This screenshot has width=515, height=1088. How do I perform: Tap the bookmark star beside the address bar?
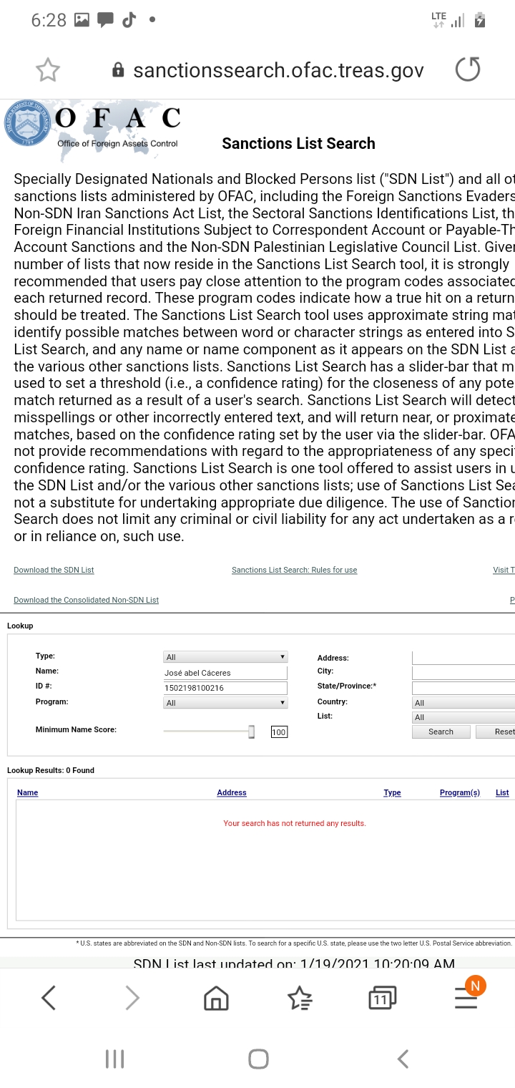pos(48,69)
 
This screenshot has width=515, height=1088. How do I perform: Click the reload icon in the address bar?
pos(468,69)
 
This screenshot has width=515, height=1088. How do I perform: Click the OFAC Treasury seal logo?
pos(26,122)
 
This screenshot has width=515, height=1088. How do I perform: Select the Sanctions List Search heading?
pos(298,143)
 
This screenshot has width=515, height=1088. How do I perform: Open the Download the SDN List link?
pos(54,570)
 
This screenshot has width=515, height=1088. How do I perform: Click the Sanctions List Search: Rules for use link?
pos(294,570)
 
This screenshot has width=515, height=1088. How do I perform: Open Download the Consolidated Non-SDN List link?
pos(86,600)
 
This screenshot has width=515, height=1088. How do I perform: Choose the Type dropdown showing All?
pos(225,657)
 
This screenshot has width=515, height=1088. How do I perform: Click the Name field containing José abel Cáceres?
pos(225,673)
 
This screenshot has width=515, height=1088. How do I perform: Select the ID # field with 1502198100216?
pos(225,688)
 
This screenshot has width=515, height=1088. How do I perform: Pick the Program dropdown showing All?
pos(225,703)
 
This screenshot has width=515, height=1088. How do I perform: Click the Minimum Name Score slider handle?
pos(251,731)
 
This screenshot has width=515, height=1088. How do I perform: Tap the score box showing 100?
pos(278,732)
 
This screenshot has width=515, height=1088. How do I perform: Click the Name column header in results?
pos(27,792)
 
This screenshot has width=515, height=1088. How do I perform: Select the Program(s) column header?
pos(459,792)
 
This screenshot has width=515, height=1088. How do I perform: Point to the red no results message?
pos(294,823)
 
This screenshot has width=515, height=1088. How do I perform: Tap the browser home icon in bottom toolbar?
pos(216,997)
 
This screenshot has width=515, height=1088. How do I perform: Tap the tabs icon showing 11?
pos(382,997)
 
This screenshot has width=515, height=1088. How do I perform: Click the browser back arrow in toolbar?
pos(49,997)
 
